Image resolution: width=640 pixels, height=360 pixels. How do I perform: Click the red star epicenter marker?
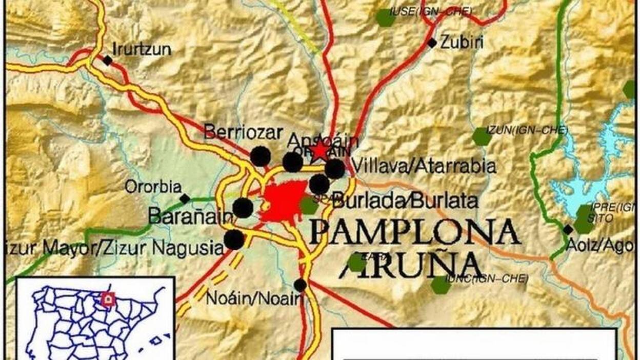click(320, 151)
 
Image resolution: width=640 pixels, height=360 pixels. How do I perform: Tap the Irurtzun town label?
click(142, 50)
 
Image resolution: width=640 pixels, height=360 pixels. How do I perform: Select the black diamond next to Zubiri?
click(432, 43)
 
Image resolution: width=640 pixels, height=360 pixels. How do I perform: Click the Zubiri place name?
click(462, 42)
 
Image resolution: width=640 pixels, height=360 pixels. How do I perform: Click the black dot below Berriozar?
click(260, 156)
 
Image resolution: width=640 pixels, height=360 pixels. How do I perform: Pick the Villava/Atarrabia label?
click(424, 166)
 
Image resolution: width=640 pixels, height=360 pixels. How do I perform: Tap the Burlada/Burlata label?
click(405, 200)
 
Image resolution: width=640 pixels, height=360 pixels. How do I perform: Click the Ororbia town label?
click(153, 186)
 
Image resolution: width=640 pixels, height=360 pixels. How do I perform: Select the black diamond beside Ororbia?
click(185, 198)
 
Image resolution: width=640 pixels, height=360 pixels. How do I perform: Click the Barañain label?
click(190, 216)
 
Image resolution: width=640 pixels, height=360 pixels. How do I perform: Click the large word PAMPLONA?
click(414, 232)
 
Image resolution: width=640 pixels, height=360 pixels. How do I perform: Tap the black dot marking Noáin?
click(300, 285)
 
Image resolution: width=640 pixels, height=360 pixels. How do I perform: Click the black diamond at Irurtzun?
click(107, 61)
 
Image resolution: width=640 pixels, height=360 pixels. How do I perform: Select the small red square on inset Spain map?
click(108, 299)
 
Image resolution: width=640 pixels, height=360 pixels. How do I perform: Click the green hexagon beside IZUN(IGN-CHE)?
click(481, 136)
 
